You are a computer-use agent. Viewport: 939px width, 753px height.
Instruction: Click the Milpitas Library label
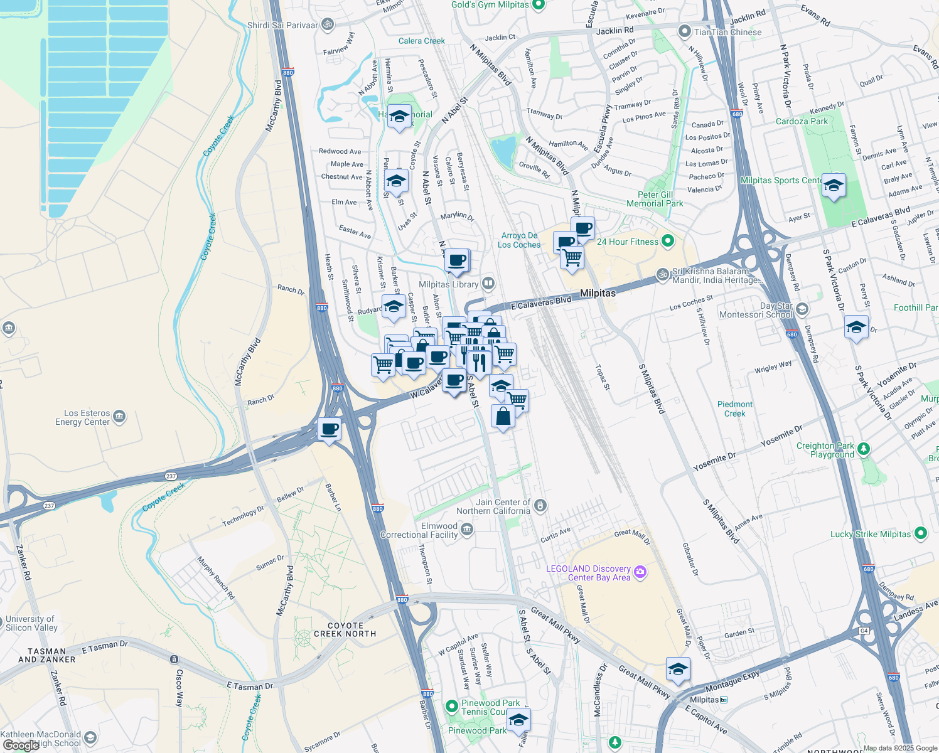pyautogui.click(x=448, y=284)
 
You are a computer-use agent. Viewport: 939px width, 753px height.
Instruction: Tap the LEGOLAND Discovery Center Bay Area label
pyautogui.click(x=588, y=573)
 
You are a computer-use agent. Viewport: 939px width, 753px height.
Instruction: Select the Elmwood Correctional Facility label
pyautogui.click(x=419, y=531)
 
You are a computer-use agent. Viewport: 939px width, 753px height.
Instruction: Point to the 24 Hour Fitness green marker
pyautogui.click(x=668, y=241)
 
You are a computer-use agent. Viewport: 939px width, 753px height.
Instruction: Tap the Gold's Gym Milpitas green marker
pyautogui.click(x=538, y=5)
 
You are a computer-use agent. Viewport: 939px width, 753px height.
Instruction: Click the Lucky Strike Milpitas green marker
pyautogui.click(x=920, y=533)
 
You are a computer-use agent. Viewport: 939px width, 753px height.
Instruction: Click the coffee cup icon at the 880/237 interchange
pyautogui.click(x=329, y=430)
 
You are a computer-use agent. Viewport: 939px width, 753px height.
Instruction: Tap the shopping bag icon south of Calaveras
pyautogui.click(x=503, y=416)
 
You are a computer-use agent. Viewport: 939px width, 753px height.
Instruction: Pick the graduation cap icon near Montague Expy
pyautogui.click(x=678, y=670)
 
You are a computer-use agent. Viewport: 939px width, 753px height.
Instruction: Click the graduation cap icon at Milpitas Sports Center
pyautogui.click(x=834, y=185)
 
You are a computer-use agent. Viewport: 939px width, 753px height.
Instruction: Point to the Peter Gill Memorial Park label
pyautogui.click(x=655, y=199)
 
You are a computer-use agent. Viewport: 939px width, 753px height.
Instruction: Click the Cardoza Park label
pyautogui.click(x=802, y=121)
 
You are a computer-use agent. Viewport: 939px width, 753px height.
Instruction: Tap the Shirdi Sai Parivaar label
pyautogui.click(x=282, y=25)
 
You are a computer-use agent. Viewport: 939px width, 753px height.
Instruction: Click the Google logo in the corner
pyautogui.click(x=21, y=745)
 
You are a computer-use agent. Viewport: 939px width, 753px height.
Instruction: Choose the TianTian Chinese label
pyautogui.click(x=727, y=32)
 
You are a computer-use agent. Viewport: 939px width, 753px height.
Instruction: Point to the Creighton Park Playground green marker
pyautogui.click(x=864, y=449)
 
